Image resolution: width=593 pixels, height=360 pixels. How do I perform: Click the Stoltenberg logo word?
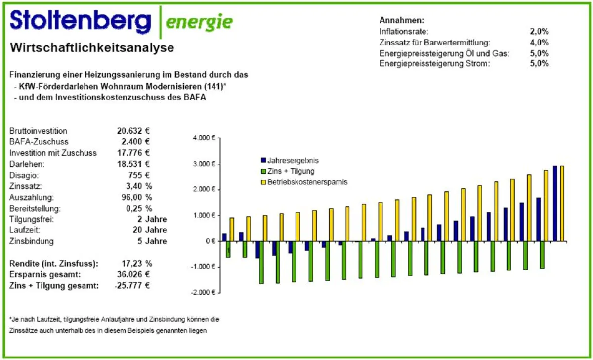pyautogui.click(x=80, y=21)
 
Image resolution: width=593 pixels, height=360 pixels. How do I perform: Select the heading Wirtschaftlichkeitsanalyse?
pyautogui.click(x=92, y=48)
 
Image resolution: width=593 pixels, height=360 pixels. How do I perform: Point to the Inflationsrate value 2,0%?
pyautogui.click(x=539, y=31)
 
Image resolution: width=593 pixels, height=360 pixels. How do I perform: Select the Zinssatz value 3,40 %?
pyautogui.click(x=139, y=186)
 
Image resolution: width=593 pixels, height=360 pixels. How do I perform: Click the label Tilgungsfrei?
pyautogui.click(x=32, y=219)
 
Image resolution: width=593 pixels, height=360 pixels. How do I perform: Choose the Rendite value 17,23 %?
pyautogui.click(x=137, y=264)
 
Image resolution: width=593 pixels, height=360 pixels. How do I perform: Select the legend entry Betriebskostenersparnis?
pyautogui.click(x=307, y=182)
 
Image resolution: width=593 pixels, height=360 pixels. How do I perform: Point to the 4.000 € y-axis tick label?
pyautogui.click(x=204, y=138)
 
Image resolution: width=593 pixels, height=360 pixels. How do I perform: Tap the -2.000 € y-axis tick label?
pyautogui.click(x=203, y=292)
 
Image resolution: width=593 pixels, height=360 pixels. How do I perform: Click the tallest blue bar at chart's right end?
pyautogui.click(x=555, y=203)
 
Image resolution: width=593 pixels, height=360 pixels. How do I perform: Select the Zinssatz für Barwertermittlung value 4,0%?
pyautogui.click(x=539, y=42)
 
